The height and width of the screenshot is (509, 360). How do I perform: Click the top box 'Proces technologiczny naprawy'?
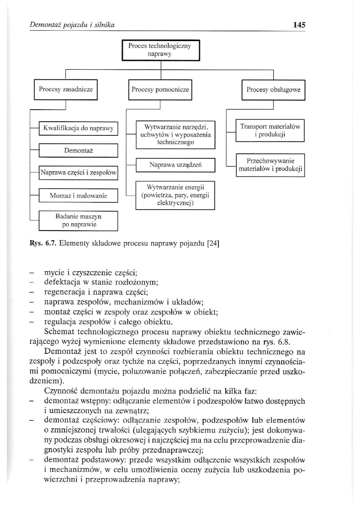pos(161,50)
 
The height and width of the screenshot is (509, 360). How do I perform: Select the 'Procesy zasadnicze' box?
pos(66,89)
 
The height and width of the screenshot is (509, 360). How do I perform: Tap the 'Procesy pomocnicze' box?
pos(160,89)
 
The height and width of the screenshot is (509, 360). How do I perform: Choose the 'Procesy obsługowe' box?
pos(274,89)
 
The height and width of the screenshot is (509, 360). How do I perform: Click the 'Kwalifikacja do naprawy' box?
pos(78,129)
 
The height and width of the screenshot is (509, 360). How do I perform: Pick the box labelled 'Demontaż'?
pos(78,150)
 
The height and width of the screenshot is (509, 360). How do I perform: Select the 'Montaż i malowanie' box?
pos(78,196)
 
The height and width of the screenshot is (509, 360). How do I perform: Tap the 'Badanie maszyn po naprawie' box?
pos(78,220)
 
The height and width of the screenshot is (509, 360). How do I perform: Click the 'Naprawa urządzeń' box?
pos(175,165)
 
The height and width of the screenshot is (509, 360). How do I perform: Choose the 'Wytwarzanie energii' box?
pos(175,195)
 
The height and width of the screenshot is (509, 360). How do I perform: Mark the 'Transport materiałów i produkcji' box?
pos(270,131)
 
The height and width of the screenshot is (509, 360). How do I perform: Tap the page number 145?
pos(299,25)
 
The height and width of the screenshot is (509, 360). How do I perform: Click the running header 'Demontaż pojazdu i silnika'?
pos(73,25)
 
